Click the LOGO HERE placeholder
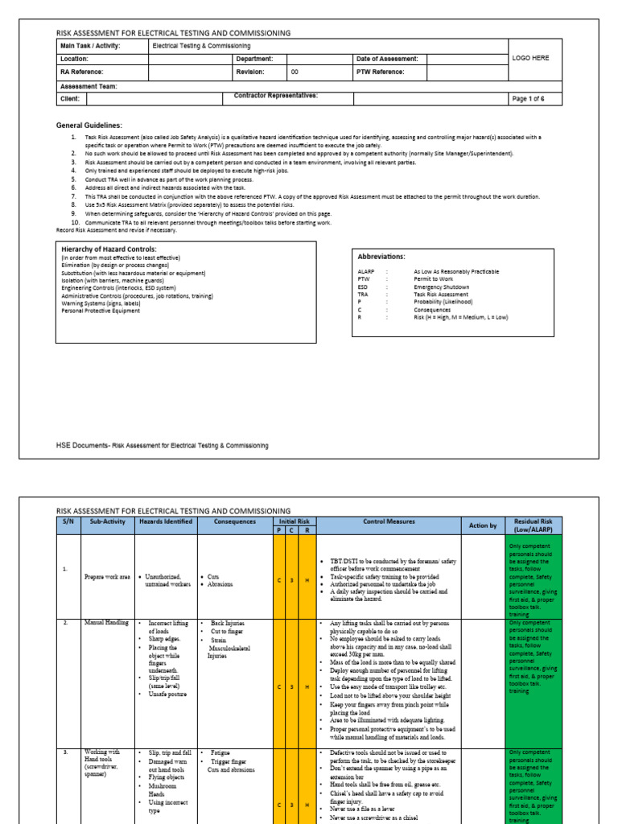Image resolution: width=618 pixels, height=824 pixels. [x=531, y=58]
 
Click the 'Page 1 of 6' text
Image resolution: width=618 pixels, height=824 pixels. [x=529, y=99]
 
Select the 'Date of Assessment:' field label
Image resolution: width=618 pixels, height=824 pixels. [x=387, y=59]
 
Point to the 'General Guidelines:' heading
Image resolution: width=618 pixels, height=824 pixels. [x=89, y=126]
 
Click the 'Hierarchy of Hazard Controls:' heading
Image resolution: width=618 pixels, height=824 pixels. [x=109, y=249]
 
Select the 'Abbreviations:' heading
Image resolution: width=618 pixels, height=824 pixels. [x=381, y=256]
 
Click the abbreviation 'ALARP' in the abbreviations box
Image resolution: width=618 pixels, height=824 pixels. [x=366, y=273]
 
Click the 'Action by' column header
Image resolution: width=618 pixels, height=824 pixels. [x=483, y=525]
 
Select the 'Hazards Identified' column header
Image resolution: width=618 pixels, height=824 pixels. [x=165, y=521]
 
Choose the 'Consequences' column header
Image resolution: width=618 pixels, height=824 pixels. [x=235, y=521]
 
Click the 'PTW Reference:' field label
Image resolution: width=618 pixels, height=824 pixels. [x=382, y=72]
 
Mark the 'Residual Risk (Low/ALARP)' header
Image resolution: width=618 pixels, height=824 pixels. [x=532, y=525]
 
